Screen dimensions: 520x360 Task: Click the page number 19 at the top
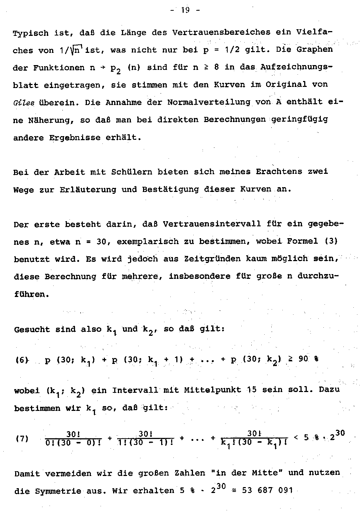[185, 10]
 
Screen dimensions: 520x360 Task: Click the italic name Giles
[24, 102]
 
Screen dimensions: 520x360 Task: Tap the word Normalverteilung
[208, 102]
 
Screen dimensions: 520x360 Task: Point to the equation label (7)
[22, 439]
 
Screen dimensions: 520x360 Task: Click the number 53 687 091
[267, 490]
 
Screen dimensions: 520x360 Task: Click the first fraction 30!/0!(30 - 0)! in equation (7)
[74, 438]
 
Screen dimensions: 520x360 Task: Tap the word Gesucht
[32, 329]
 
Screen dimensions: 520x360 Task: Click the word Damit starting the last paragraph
[27, 473]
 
